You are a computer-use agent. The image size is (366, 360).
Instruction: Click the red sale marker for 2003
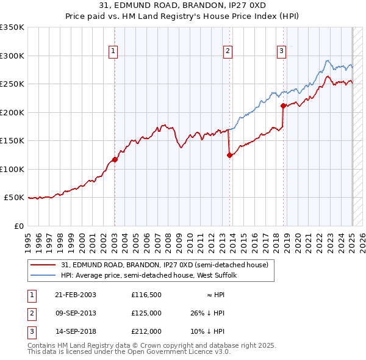115,160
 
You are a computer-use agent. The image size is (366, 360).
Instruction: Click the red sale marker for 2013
229,155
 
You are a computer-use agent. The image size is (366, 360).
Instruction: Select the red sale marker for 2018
284,106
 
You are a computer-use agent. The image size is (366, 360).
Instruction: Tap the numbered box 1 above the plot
114,51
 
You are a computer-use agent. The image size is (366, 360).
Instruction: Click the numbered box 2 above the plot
228,51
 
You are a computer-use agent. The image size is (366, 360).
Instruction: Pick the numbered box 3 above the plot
282,51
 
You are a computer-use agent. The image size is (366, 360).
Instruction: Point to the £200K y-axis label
13,112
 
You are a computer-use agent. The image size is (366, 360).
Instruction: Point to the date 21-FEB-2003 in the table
76,294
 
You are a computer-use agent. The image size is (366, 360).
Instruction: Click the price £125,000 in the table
146,313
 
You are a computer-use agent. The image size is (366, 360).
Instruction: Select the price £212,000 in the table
146,331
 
